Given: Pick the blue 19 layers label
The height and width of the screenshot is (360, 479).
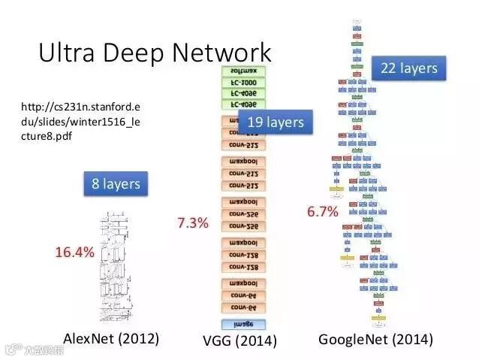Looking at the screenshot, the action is pos(275,122).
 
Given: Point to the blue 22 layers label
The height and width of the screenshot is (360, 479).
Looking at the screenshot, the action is pos(409,68).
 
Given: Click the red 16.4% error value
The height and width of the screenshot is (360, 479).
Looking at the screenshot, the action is pos(74,252).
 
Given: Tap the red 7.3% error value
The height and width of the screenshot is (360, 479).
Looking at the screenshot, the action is pos(193,222).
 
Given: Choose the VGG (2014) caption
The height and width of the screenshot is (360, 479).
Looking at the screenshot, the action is pos(239,340).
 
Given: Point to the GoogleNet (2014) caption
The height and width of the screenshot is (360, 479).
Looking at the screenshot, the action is pos(375,339).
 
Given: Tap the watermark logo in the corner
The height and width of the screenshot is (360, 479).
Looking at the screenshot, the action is pos(34,349).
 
